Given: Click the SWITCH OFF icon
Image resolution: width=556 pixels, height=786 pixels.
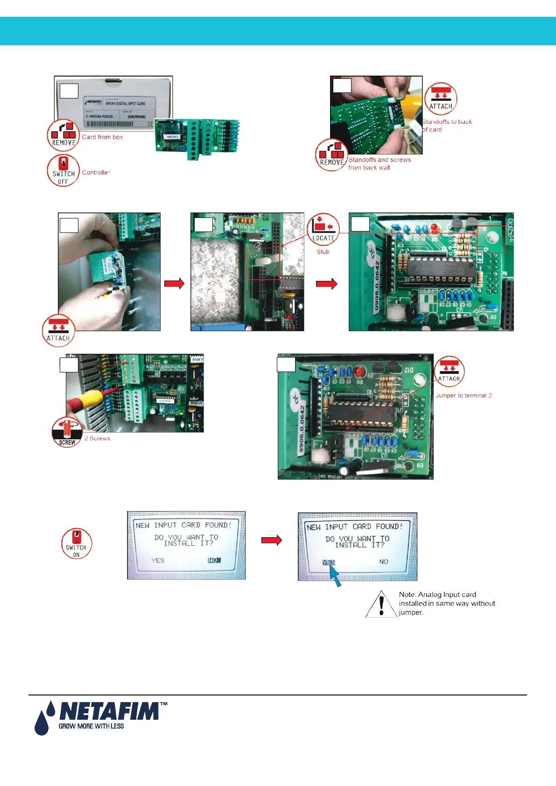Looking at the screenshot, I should pyautogui.click(x=63, y=171).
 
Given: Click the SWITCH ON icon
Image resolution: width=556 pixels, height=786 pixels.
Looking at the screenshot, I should pyautogui.click(x=76, y=544).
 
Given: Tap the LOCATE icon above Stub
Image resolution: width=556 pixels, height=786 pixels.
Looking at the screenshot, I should pyautogui.click(x=323, y=229).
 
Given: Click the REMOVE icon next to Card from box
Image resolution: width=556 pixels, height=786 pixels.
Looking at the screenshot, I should pyautogui.click(x=63, y=135).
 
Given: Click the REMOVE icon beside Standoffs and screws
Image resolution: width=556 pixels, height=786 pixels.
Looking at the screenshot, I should pyautogui.click(x=331, y=155).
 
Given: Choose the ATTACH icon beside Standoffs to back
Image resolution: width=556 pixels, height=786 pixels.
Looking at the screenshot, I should pyautogui.click(x=441, y=99).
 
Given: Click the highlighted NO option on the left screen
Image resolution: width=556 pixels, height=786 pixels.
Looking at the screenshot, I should pyautogui.click(x=214, y=560).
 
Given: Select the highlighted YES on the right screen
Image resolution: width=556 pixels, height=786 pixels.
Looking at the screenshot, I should pyautogui.click(x=329, y=562).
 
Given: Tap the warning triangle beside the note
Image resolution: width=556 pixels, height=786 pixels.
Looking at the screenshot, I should pyautogui.click(x=381, y=604).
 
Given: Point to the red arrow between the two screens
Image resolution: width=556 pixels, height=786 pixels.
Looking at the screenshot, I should pyautogui.click(x=272, y=540).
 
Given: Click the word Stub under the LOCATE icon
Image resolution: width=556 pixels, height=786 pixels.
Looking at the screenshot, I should pyautogui.click(x=323, y=252).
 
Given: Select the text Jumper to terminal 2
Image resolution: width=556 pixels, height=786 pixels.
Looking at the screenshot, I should pyautogui.click(x=464, y=395).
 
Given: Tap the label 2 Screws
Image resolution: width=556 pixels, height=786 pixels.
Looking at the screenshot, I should pyautogui.click(x=98, y=439).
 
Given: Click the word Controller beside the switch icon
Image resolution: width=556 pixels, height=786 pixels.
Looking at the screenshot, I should pyautogui.click(x=96, y=173).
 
